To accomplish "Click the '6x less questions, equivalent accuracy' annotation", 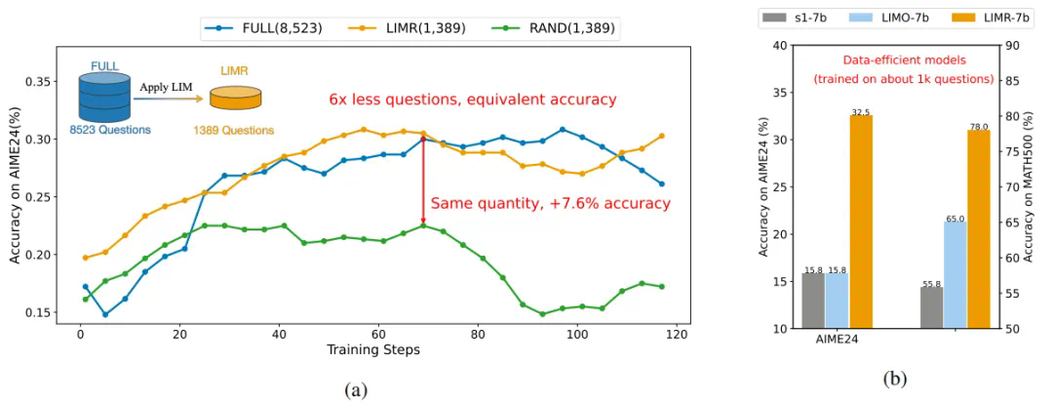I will pos(472,100).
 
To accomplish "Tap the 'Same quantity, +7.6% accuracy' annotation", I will pos(550,203).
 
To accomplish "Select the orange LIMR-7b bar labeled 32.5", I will pos(861,222).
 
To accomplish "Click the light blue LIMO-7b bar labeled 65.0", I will pos(955,274).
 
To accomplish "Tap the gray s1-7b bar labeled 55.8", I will pos(932,306).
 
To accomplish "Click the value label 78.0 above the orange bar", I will pos(979,126).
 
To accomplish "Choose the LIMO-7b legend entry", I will pos(885,16).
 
